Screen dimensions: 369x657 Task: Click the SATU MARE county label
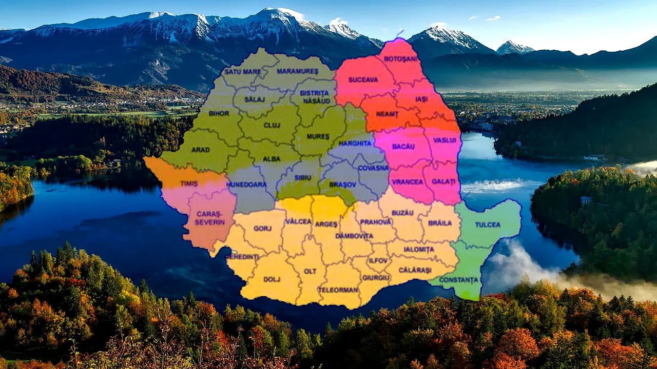pos(242,72)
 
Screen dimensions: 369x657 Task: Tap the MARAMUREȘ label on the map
pos(298,71)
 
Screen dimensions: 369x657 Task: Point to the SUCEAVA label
pos(363,79)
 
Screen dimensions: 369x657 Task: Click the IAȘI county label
pos(421,98)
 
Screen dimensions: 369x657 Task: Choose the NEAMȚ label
pos(388,114)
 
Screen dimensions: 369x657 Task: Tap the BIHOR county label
pos(219,113)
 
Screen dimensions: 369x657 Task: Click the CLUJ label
pos(272,125)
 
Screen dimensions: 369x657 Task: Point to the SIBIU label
pos(302,177)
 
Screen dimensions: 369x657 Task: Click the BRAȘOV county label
pos(339,184)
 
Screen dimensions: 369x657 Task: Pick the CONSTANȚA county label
pos(460,280)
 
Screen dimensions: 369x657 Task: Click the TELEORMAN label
pos(338,290)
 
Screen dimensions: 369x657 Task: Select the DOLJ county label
pos(272,279)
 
